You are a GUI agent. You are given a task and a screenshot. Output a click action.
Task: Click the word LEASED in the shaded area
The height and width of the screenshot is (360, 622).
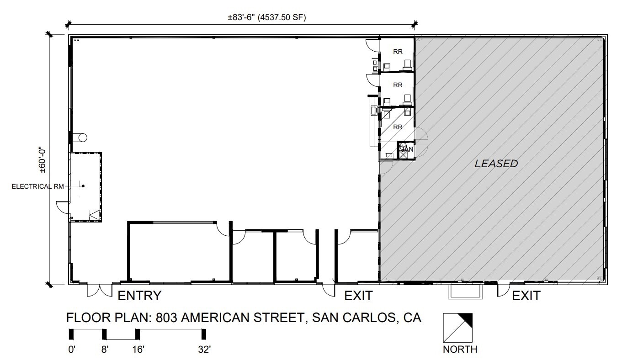(496, 164)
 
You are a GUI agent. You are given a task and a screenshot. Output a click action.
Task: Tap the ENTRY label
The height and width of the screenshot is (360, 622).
(139, 296)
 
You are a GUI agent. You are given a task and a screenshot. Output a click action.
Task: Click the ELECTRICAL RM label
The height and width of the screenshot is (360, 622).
(37, 186)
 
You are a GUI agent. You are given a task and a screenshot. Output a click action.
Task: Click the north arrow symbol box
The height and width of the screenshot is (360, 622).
(458, 328)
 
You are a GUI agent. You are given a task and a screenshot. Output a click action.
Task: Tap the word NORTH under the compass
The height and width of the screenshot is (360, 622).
(460, 349)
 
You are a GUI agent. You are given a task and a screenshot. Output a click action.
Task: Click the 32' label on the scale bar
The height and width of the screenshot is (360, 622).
(204, 349)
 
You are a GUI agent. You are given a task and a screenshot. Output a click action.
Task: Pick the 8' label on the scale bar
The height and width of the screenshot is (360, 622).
(105, 349)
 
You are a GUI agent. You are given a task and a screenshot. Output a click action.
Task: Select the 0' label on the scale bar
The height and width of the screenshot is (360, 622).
(71, 349)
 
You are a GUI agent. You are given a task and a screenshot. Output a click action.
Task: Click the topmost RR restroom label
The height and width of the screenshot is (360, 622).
(398, 52)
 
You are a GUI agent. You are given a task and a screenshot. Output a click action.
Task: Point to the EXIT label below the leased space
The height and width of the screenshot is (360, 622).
(526, 296)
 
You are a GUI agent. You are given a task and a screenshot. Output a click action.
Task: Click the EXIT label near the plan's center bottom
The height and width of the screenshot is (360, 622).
(358, 296)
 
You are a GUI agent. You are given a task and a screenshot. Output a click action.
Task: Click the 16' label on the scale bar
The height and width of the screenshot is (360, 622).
(138, 349)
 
